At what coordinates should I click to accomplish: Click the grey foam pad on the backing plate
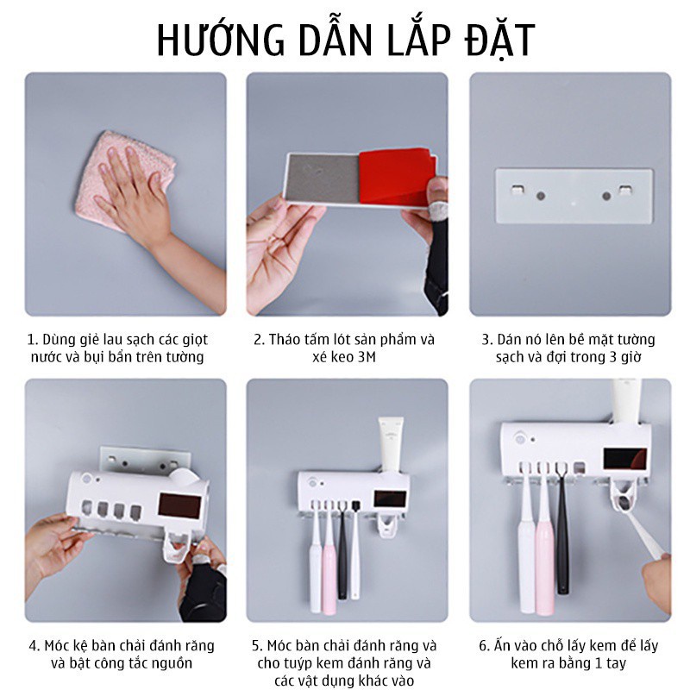coord(323,178)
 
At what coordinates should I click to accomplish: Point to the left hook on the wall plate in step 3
coord(518,190)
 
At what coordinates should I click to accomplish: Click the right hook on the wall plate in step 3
coord(626,190)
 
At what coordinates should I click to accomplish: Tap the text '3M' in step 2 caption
coord(367,357)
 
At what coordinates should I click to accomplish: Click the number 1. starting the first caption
coord(33,340)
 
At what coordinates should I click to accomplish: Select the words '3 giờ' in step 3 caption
coord(624,357)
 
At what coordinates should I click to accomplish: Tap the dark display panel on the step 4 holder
coord(179,506)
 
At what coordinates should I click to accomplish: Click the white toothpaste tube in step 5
coord(391,444)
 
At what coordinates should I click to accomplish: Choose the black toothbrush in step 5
coord(342,550)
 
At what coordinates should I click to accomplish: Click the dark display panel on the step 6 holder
coord(624,459)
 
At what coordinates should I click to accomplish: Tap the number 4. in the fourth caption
coord(34,646)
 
